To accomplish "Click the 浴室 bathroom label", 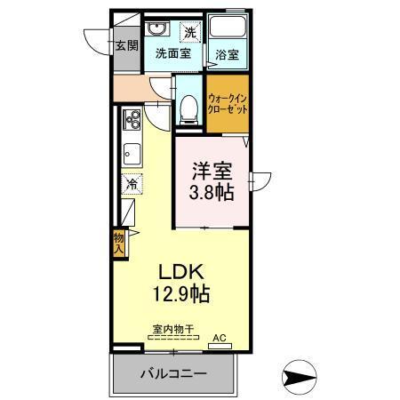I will [228, 53].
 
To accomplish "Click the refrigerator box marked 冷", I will [130, 186].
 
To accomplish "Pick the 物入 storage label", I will [118, 243].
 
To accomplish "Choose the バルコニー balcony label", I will [174, 374].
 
